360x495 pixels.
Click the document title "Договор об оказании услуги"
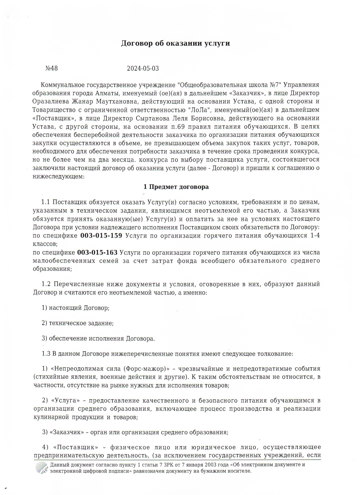175,43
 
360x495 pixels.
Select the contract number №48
51,68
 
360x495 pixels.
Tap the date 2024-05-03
143,68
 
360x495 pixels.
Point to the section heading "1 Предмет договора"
176,187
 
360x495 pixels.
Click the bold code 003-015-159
101,236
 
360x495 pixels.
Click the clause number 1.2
46,284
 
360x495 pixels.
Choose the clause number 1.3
46,354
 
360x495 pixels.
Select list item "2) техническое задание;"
78,323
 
